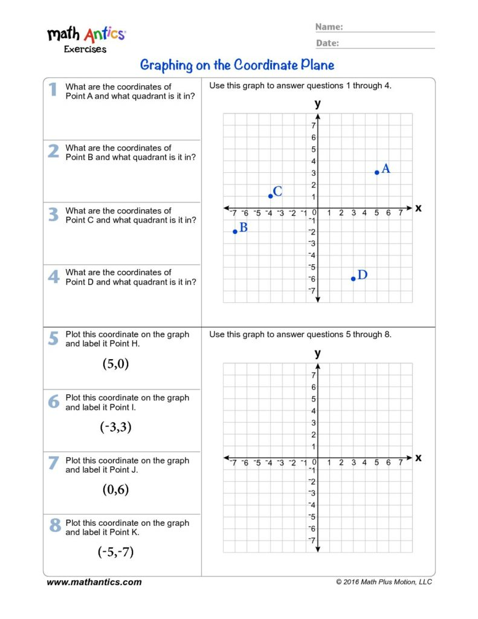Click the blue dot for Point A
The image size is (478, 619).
point(377,172)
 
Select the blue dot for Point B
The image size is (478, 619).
point(235,232)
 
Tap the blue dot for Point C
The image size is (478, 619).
point(270,196)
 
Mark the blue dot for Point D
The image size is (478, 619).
point(353,279)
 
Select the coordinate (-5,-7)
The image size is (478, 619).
point(115,551)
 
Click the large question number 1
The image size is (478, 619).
point(53,89)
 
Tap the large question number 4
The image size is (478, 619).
point(54,276)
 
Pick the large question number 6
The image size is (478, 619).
point(54,401)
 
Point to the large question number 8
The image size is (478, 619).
point(54,526)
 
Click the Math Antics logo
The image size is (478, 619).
point(86,38)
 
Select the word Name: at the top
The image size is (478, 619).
point(329,27)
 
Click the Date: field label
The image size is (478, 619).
point(328,43)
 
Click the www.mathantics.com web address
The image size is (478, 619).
point(94,582)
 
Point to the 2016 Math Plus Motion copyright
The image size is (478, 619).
point(384,582)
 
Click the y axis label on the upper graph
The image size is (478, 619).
point(318,103)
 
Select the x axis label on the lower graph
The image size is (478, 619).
point(418,458)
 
